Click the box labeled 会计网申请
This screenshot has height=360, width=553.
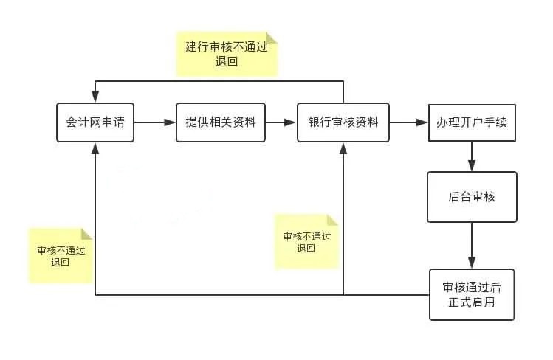[x=95, y=122]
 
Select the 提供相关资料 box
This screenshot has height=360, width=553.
[x=220, y=122]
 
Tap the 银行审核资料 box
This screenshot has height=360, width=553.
[x=343, y=122]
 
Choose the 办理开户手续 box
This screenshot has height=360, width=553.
[x=472, y=122]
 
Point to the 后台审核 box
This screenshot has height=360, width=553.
[x=472, y=197]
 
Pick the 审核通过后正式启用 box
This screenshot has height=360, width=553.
[x=472, y=294]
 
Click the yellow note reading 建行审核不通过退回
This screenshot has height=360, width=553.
[x=227, y=54]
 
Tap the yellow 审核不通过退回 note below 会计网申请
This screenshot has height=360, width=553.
[x=61, y=255]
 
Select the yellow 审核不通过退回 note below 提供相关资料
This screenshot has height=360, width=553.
[x=306, y=242]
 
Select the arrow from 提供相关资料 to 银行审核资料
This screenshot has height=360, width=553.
[x=281, y=122]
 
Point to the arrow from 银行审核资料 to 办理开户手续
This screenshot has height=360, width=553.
[x=408, y=122]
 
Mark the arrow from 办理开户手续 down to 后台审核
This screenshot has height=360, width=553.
[x=472, y=156]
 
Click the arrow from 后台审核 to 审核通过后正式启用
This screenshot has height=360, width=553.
[x=472, y=246]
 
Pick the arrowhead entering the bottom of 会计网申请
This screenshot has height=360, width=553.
[x=95, y=147]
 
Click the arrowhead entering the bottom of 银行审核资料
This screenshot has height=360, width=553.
[x=343, y=147]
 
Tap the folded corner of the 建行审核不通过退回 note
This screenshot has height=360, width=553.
[x=271, y=38]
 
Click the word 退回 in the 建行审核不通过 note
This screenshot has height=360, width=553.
[x=227, y=63]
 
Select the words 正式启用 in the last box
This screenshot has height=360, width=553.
[x=472, y=302]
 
